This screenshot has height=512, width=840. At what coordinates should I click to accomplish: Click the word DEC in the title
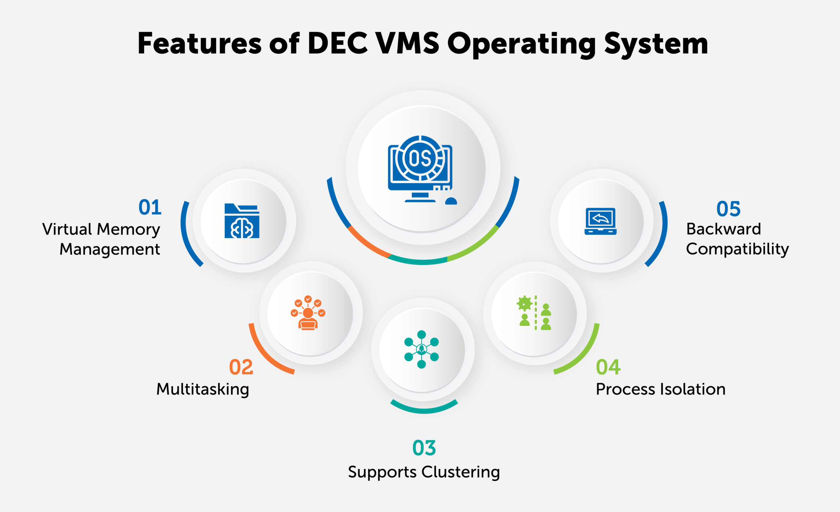pyautogui.click(x=337, y=43)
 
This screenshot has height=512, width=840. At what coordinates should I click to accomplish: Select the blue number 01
pyautogui.click(x=150, y=207)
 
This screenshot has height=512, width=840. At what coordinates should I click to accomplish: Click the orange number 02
pyautogui.click(x=241, y=367)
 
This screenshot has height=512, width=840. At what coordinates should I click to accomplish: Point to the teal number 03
pyautogui.click(x=424, y=448)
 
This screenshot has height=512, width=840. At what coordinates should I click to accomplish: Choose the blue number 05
pyautogui.click(x=728, y=209)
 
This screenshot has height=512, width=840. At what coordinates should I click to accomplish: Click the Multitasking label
pyautogui.click(x=202, y=389)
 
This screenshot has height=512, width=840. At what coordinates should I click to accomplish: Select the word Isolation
pyautogui.click(x=692, y=389)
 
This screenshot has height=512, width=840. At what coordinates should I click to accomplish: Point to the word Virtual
pyautogui.click(x=67, y=229)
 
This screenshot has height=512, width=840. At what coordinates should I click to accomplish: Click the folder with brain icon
pyautogui.click(x=242, y=221)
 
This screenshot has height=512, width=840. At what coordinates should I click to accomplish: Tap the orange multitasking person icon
pyautogui.click(x=308, y=313)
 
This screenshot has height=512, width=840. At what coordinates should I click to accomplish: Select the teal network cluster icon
pyautogui.click(x=421, y=349)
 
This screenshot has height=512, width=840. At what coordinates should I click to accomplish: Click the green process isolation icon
pyautogui.click(x=535, y=313)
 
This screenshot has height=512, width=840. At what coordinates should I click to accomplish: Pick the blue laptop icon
pyautogui.click(x=600, y=221)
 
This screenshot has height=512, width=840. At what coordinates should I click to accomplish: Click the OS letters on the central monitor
pyautogui.click(x=420, y=159)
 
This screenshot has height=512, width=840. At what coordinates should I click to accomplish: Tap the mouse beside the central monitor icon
pyautogui.click(x=451, y=201)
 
